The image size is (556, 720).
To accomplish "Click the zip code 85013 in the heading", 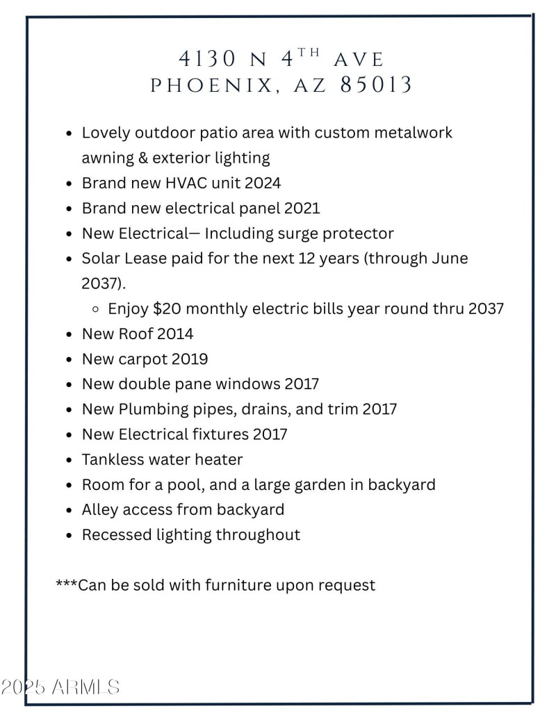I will pyautogui.click(x=376, y=85).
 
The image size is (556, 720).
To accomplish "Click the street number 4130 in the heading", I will pyautogui.click(x=208, y=58).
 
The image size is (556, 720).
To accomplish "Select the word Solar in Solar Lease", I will pyautogui.click(x=101, y=258).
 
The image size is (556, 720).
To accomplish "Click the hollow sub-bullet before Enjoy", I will pyautogui.click(x=95, y=309).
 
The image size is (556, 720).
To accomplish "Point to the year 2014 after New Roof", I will pyautogui.click(x=175, y=334).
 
